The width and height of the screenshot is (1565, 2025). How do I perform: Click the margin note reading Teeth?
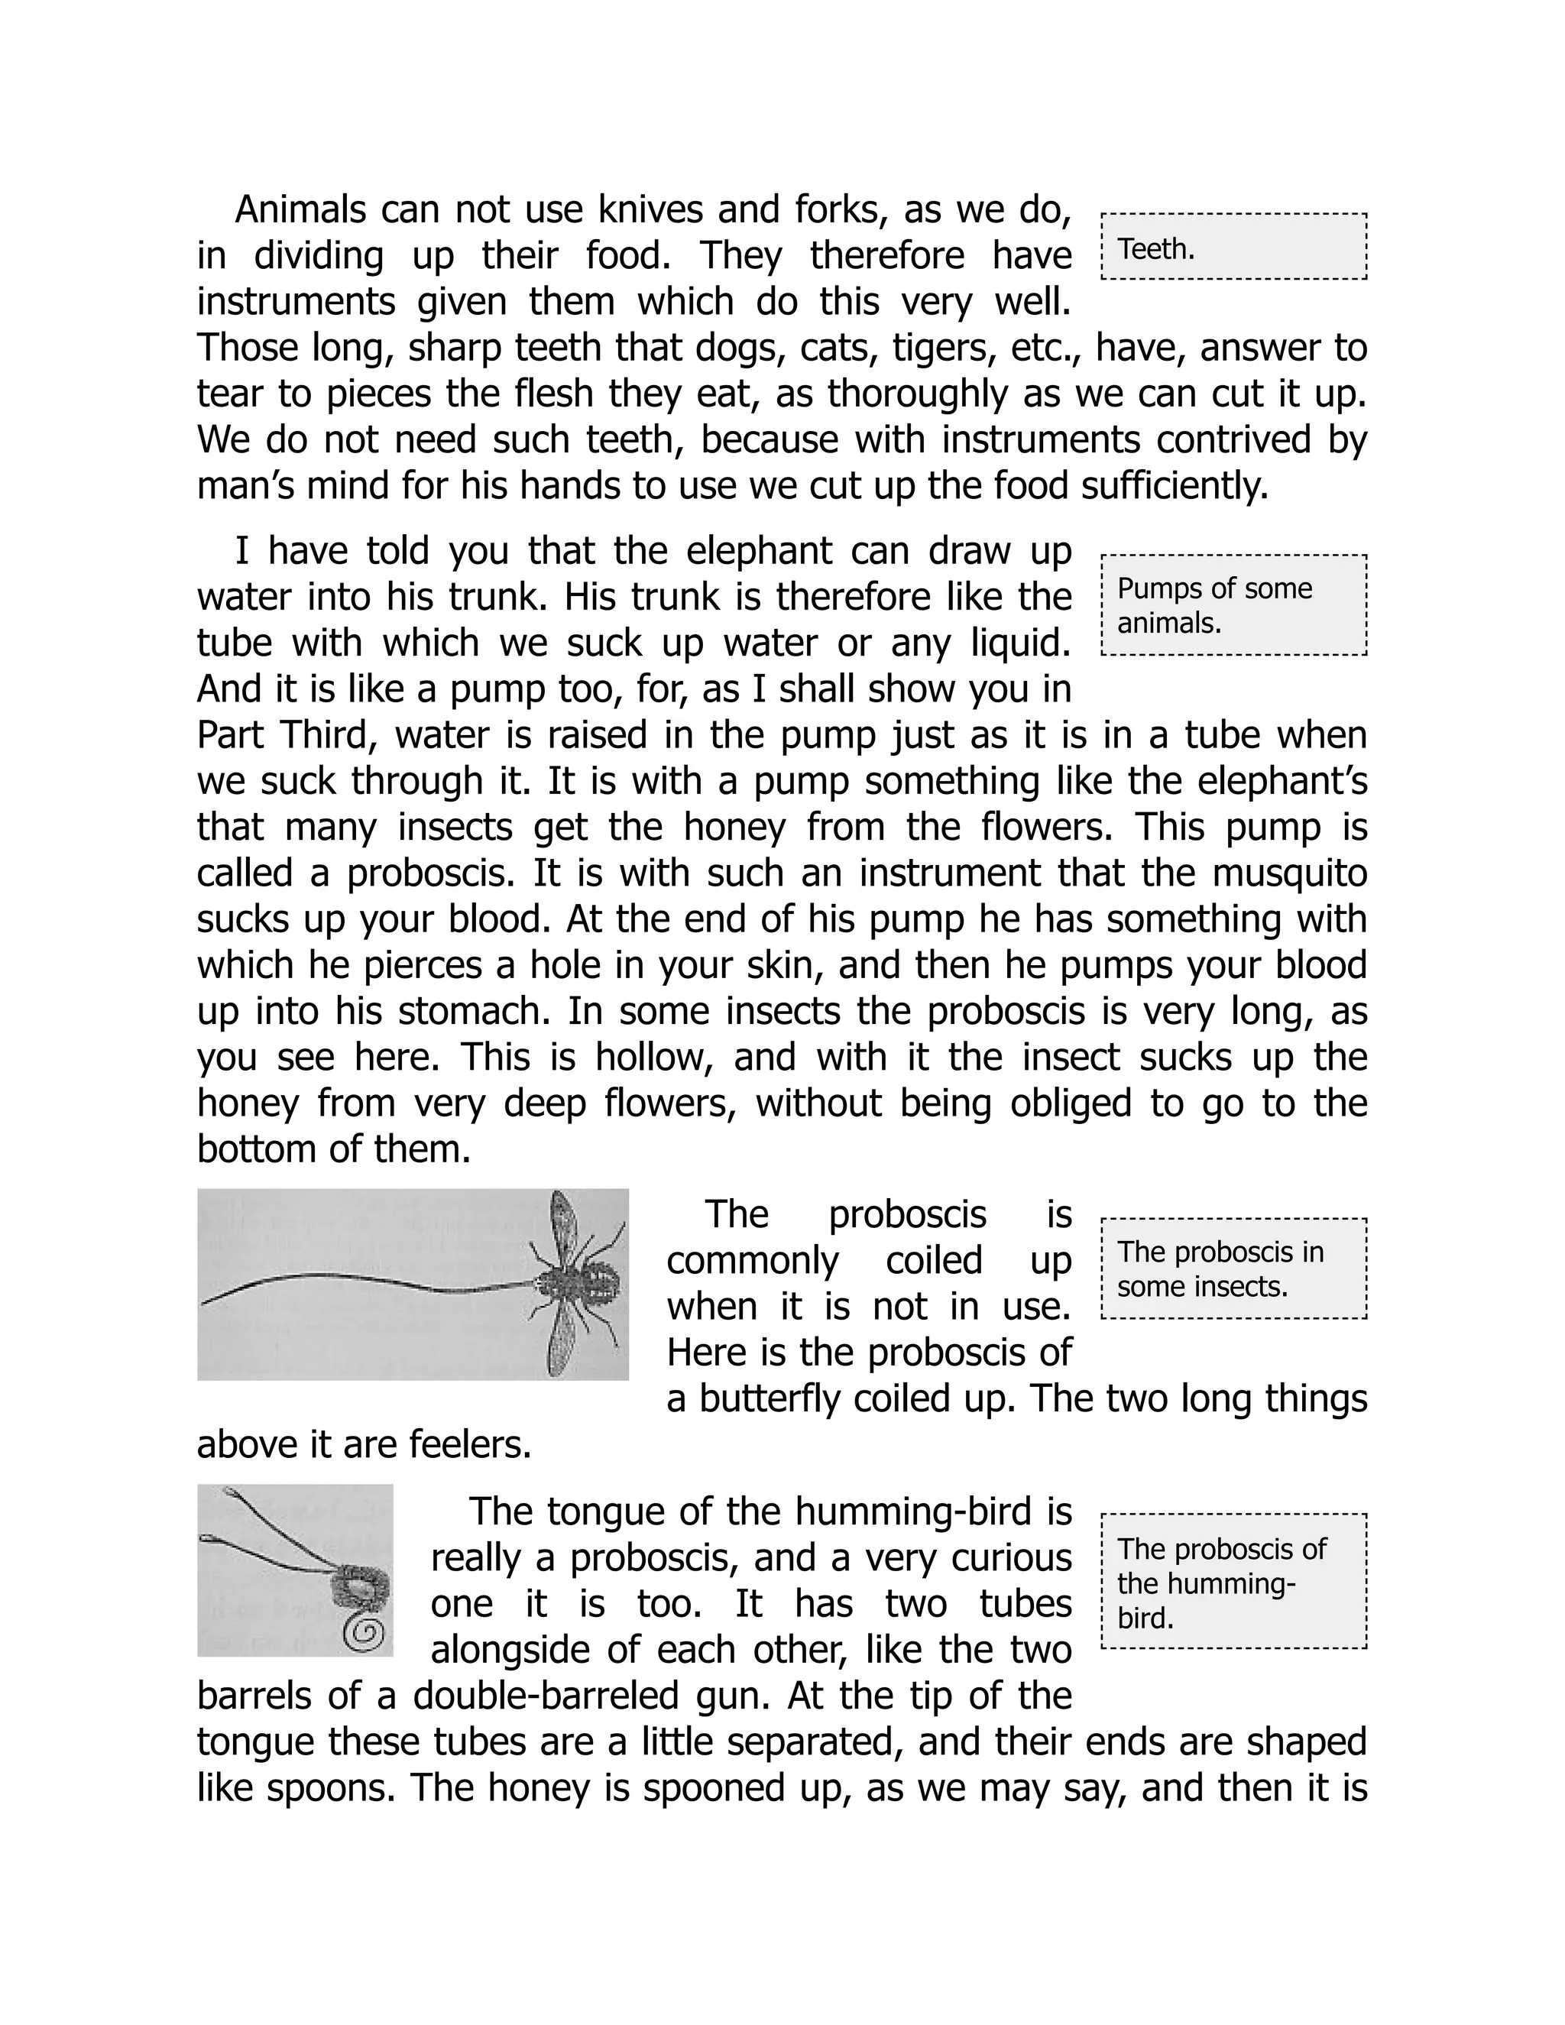point(1233,248)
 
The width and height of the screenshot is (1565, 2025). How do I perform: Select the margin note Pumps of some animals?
point(1233,605)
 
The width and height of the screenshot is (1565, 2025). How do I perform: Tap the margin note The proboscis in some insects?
point(1233,1268)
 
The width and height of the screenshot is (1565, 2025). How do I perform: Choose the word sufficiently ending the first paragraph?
point(1175,486)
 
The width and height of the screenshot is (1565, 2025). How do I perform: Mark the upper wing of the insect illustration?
point(565,1222)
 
